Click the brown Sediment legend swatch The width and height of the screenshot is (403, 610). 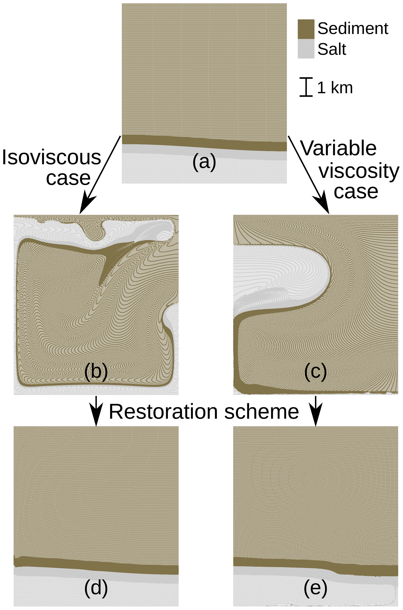[x=306, y=29]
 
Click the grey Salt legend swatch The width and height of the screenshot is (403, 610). [x=306, y=49]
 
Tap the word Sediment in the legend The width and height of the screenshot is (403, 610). [x=353, y=28]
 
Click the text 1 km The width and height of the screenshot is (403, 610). [x=335, y=88]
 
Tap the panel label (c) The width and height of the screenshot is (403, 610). [x=315, y=372]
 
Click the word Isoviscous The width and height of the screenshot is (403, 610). [x=51, y=158]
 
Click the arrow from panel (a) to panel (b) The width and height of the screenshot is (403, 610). [x=100, y=175]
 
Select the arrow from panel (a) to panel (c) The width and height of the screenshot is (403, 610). [x=308, y=175]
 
